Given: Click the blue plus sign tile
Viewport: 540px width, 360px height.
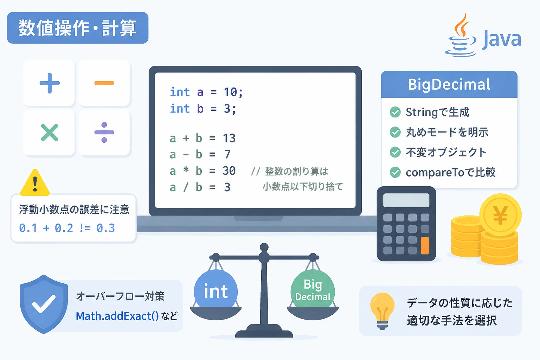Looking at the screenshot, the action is pyautogui.click(x=50, y=83).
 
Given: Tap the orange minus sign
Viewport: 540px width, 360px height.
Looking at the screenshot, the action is pyautogui.click(x=104, y=83).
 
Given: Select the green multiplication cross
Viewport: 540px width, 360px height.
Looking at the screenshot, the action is pyautogui.click(x=50, y=133).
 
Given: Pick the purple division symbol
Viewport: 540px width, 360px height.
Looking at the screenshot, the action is pyautogui.click(x=104, y=133).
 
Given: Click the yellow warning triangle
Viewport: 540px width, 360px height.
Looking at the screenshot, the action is pyautogui.click(x=35, y=183).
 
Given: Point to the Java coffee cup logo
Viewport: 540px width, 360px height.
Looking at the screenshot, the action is pyautogui.click(x=461, y=36).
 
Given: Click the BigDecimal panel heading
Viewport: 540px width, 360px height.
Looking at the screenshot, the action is pyautogui.click(x=449, y=84).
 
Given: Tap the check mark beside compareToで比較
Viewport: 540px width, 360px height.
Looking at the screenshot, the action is pyautogui.click(x=395, y=172).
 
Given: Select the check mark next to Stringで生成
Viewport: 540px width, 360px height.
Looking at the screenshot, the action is pyautogui.click(x=395, y=112).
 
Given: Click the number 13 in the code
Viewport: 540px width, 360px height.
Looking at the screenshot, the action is pyautogui.click(x=229, y=139).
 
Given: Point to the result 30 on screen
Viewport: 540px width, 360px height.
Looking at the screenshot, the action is pyautogui.click(x=229, y=171).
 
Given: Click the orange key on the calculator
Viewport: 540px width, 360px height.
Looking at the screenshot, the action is pyautogui.click(x=425, y=245).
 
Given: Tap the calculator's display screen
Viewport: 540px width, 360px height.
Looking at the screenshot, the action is pyautogui.click(x=406, y=200).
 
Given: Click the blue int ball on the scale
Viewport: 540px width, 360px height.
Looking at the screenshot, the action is pyautogui.click(x=216, y=289).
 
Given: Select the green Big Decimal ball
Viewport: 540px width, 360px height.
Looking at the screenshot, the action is pyautogui.click(x=313, y=289).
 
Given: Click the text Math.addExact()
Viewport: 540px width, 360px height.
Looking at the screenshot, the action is pyautogui.click(x=117, y=316).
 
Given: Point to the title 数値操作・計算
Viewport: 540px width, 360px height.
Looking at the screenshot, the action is pyautogui.click(x=78, y=28).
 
